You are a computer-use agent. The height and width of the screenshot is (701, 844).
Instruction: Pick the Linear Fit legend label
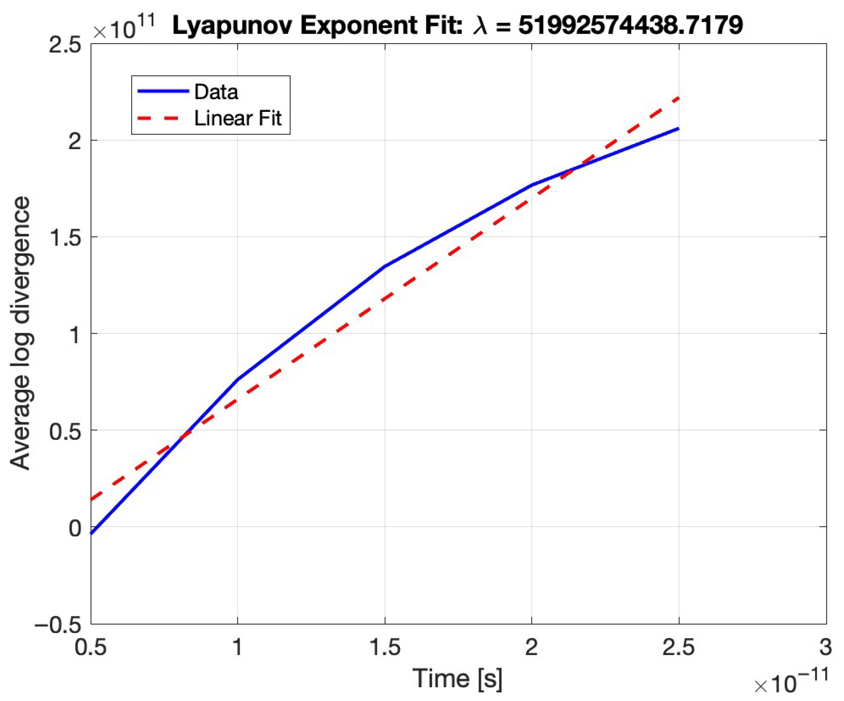coord(238,118)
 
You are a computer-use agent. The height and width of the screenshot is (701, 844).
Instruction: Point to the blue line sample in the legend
coord(163,91)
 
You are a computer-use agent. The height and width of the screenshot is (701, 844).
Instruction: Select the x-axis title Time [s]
coord(457,679)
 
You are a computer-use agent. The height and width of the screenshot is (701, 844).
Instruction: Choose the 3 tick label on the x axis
coord(825,648)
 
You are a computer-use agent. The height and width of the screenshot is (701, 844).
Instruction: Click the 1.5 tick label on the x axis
coord(385,648)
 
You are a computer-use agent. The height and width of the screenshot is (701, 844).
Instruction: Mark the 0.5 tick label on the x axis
coord(91,648)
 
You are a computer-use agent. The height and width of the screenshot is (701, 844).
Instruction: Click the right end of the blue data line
coord(678,129)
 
